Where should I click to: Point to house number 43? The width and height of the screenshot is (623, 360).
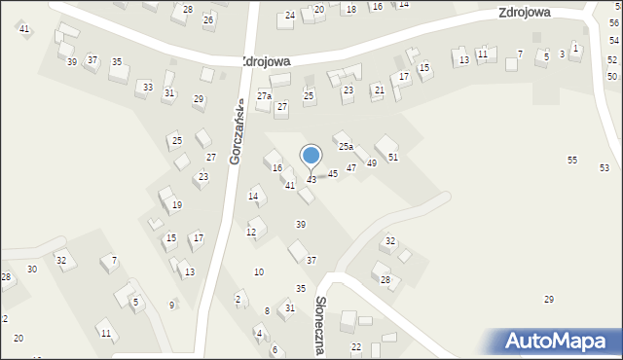311,180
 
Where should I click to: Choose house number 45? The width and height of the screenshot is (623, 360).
333,173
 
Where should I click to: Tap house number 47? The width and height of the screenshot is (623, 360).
351,168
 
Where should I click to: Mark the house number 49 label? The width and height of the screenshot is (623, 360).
372,162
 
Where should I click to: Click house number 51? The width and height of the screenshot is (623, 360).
393,157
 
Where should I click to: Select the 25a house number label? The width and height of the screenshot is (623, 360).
346,147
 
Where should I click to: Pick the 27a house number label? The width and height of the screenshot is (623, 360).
264,95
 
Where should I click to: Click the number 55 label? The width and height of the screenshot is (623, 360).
572,160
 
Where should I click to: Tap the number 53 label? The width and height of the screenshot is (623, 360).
605,168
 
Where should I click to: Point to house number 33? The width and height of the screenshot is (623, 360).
147,88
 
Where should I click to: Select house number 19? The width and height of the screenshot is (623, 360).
177,205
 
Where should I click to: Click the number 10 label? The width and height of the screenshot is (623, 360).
258,271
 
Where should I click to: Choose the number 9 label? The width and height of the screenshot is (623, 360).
172,306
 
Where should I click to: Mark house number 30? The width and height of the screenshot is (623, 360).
32,270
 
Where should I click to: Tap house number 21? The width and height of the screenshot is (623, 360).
380,90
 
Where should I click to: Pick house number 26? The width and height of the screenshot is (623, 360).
208,19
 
